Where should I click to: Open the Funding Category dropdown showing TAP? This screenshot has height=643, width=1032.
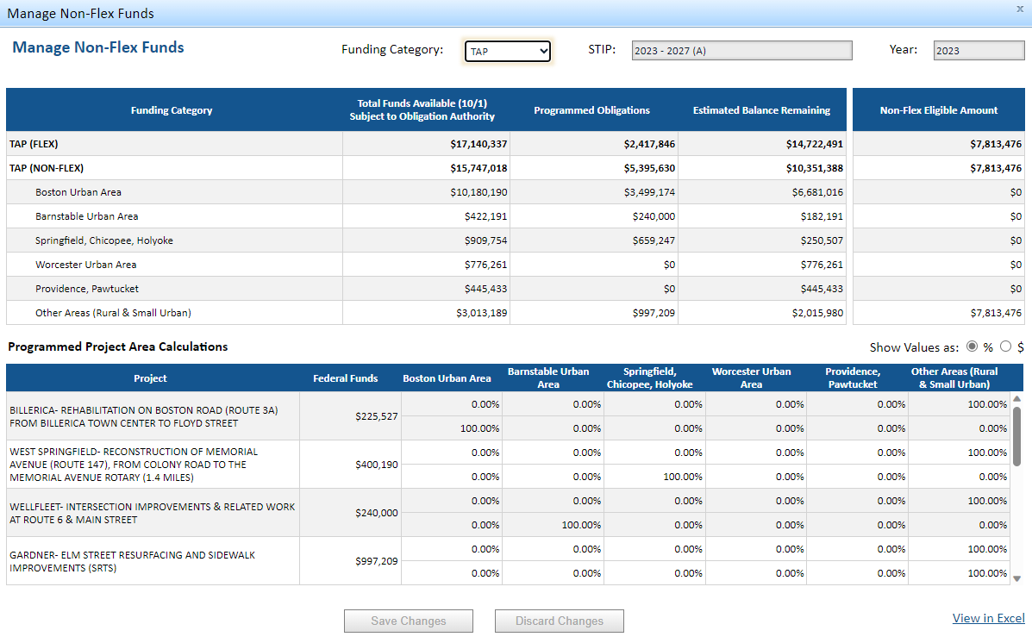point(507,52)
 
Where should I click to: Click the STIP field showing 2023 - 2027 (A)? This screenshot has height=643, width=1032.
point(741,51)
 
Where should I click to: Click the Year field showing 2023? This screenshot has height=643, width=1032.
point(979,51)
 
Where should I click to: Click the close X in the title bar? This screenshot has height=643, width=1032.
point(1020,8)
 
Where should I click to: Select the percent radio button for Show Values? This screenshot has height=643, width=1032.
point(973,346)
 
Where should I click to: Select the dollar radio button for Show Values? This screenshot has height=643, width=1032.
point(1005,346)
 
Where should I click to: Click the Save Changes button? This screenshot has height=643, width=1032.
point(409,621)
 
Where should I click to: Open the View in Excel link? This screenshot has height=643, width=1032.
point(988,618)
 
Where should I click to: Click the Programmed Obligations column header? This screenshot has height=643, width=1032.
point(591,110)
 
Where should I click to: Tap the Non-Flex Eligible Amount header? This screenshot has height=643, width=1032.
point(938,110)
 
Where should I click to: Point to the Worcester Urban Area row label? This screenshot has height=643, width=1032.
point(85,265)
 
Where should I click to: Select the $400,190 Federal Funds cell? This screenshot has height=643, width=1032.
point(376,465)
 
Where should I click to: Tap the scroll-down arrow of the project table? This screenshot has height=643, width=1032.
point(1016,577)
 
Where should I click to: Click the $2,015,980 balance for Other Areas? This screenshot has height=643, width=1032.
point(817,313)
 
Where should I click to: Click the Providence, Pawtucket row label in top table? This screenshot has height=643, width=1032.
point(86,289)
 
